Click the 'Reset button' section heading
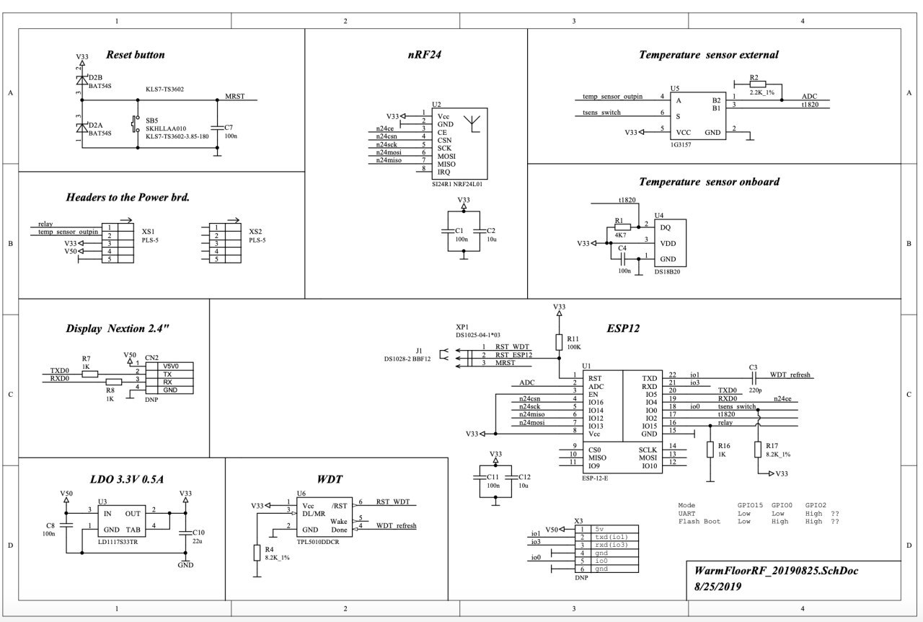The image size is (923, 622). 135,55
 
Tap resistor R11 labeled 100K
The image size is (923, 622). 559,343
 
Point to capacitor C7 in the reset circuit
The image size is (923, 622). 218,123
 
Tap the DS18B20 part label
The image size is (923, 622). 667,271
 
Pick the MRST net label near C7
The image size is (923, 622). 235,95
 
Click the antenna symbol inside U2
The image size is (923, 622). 471,124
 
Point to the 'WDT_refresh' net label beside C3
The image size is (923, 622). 790,375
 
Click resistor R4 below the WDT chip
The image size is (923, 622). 257,553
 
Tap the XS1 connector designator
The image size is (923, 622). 149,232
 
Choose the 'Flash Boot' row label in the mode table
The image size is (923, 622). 699,521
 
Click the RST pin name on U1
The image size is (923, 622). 595,378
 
